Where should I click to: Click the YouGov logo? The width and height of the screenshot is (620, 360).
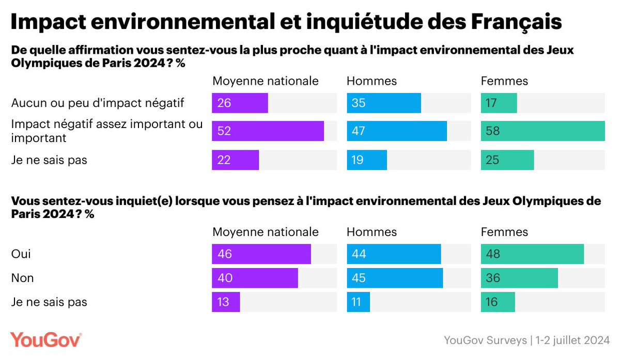pyautogui.click(x=46, y=340)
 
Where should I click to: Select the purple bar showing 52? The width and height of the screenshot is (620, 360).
pyautogui.click(x=268, y=131)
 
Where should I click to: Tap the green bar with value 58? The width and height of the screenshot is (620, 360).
pyautogui.click(x=542, y=131)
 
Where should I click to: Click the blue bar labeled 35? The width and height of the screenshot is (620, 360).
pyautogui.click(x=383, y=103)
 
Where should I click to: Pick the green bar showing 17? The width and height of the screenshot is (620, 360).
pyautogui.click(x=499, y=103)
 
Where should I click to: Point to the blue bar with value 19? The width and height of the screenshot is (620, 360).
pyautogui.click(x=366, y=160)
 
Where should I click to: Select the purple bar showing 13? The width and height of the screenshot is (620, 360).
pyautogui.click(x=226, y=302)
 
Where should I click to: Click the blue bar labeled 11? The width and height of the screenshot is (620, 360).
pyautogui.click(x=358, y=302)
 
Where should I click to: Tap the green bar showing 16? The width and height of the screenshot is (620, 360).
pyautogui.click(x=498, y=302)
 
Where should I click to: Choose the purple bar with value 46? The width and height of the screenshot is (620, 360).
pyautogui.click(x=261, y=254)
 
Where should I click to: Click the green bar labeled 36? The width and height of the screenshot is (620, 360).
pyautogui.click(x=519, y=278)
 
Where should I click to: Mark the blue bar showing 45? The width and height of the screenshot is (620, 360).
pyautogui.click(x=395, y=278)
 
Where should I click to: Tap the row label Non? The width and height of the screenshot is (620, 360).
pyautogui.click(x=22, y=278)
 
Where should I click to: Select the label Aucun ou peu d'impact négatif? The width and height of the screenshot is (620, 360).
pyautogui.click(x=98, y=103)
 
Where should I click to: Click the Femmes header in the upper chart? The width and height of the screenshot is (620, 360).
pyautogui.click(x=504, y=81)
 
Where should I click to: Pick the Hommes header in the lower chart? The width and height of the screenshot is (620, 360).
pyautogui.click(x=371, y=232)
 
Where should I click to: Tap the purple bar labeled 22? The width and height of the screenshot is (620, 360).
pyautogui.click(x=235, y=160)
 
